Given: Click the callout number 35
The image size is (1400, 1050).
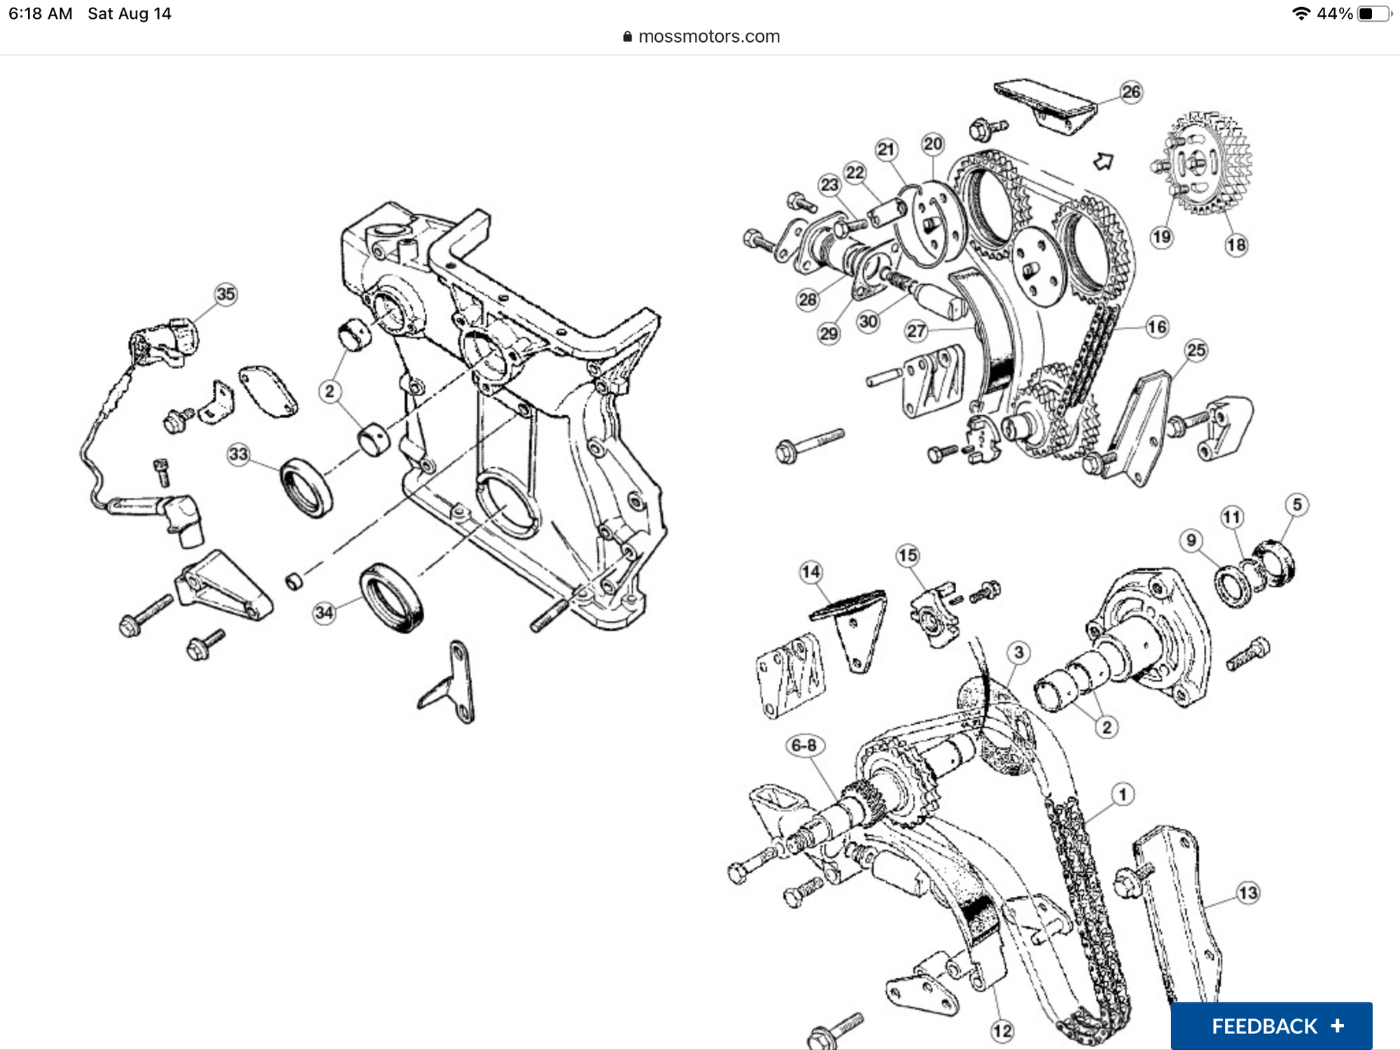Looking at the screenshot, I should click(x=225, y=294).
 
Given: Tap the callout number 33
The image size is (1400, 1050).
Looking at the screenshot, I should click(x=239, y=454).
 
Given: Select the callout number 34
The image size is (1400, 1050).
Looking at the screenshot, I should click(x=324, y=613).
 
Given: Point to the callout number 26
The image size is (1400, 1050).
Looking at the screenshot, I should click(x=1130, y=92).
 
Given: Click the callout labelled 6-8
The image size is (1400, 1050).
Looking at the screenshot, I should click(x=804, y=745).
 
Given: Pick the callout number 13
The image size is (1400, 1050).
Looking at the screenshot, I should click(x=1248, y=893).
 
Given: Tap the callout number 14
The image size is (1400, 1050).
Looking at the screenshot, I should click(x=811, y=572).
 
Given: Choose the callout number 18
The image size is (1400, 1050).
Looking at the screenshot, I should click(x=1236, y=245).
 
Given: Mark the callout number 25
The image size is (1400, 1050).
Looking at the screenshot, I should click(x=1196, y=350).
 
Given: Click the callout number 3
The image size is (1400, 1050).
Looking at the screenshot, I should click(x=1018, y=652).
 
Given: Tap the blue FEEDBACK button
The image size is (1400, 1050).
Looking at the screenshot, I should click(x=1271, y=1026).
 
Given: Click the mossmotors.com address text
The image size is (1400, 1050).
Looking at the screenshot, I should click(x=708, y=36).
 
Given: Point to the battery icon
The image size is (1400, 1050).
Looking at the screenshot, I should click(x=1373, y=13).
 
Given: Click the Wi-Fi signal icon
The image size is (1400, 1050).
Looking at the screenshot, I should click(x=1301, y=13).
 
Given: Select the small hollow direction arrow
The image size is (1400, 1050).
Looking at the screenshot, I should click(x=1103, y=162).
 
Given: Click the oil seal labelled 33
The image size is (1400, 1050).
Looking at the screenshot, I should click(x=307, y=487).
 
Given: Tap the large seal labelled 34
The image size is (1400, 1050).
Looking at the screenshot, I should click(x=391, y=598).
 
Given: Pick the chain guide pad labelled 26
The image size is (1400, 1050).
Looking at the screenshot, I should click(x=1045, y=106).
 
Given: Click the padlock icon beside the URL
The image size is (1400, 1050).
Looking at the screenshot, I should click(x=627, y=36).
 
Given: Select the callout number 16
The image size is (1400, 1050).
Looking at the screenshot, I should click(x=1157, y=327).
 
